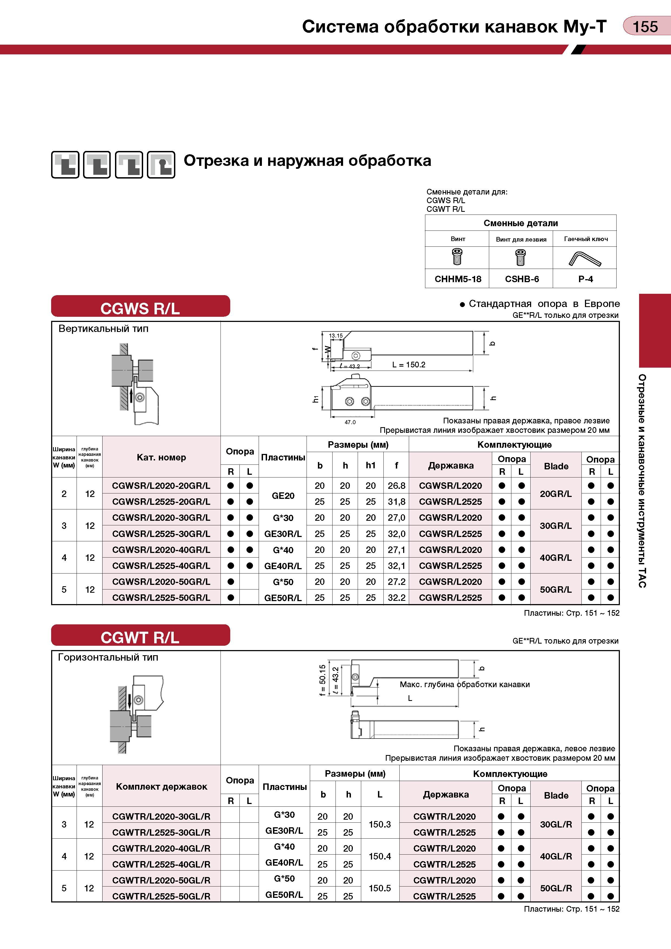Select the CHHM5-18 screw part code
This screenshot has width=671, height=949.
coord(458,279)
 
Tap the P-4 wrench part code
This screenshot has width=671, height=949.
coord(586,279)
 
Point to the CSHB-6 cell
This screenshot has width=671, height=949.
coord(522,279)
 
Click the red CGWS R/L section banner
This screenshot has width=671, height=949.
coord(141,306)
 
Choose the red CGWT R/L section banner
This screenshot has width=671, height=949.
coord(141,635)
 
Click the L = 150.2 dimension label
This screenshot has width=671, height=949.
coord(409,365)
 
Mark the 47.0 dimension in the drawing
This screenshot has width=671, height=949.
coord(350,422)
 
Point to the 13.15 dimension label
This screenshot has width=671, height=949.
coord(336,336)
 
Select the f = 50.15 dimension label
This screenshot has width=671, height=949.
coord(323,680)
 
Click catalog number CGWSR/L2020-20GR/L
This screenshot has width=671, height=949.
coord(161,486)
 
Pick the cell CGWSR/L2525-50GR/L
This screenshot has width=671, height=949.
coord(161,598)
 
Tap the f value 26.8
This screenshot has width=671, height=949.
coord(396,486)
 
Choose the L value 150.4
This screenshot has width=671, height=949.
coord(380,856)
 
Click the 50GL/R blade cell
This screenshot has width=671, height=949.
coord(556,888)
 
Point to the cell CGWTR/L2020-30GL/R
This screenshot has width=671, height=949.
coord(161,816)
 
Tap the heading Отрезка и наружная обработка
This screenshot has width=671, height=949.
coord(307,160)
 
